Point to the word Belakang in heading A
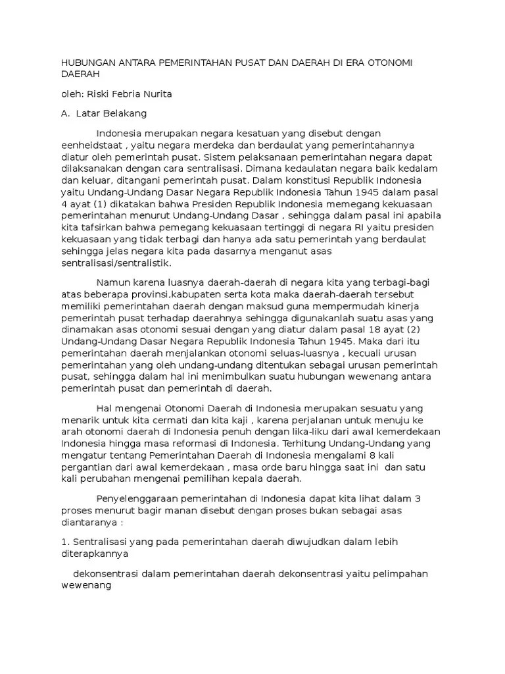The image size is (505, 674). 123,113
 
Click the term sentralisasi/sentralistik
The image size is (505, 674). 116,263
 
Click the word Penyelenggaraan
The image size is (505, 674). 136,498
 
